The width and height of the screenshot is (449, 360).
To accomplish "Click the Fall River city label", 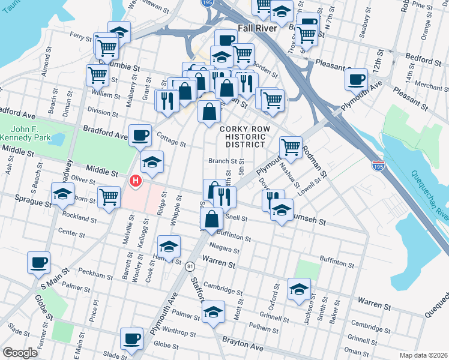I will pyautogui.click(x=256, y=28).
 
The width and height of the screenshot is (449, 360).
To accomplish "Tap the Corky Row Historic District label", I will pyautogui.click(x=242, y=137).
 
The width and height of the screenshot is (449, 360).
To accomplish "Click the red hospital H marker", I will pyautogui.click(x=136, y=180).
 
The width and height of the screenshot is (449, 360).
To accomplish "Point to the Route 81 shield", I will pyautogui.click(x=190, y=266).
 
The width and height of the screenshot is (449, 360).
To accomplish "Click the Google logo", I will pyautogui.click(x=20, y=353).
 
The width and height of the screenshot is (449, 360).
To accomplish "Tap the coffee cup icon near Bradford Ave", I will pyautogui.click(x=140, y=134).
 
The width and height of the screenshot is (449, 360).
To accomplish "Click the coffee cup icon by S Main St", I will pyautogui.click(x=39, y=262).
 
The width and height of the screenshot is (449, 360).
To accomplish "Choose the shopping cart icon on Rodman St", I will pyautogui.click(x=291, y=146).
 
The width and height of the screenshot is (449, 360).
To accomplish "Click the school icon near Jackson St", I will pyautogui.click(x=299, y=289).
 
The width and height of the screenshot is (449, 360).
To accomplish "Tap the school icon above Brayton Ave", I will pyautogui.click(x=213, y=311).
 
